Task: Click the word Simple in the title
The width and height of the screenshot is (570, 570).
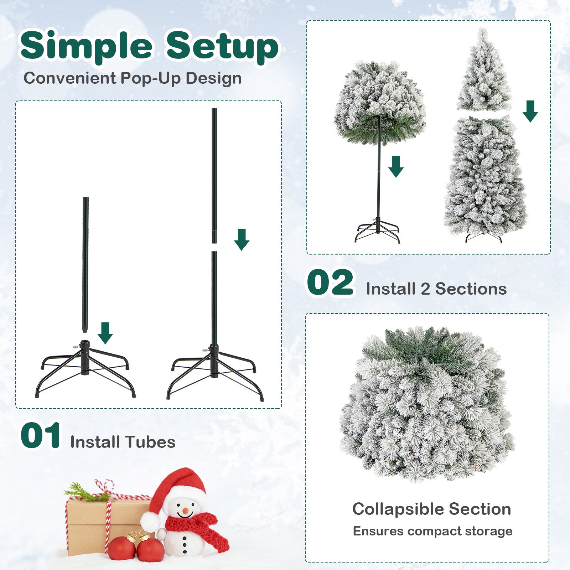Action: [87, 46]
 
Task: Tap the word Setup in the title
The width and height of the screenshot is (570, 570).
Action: [222, 46]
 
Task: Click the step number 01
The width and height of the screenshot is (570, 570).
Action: [40, 436]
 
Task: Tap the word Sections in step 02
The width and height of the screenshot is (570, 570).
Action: [471, 289]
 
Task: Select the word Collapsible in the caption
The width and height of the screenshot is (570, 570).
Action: [396, 509]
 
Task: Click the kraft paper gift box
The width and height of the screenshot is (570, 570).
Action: [89, 524]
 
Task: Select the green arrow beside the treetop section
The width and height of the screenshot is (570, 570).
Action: [530, 111]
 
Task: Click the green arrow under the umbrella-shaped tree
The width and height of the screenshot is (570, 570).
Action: [396, 166]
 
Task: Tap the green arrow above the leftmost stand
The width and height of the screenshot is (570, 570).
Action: [105, 333]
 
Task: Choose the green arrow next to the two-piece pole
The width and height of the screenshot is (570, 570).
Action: [242, 239]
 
